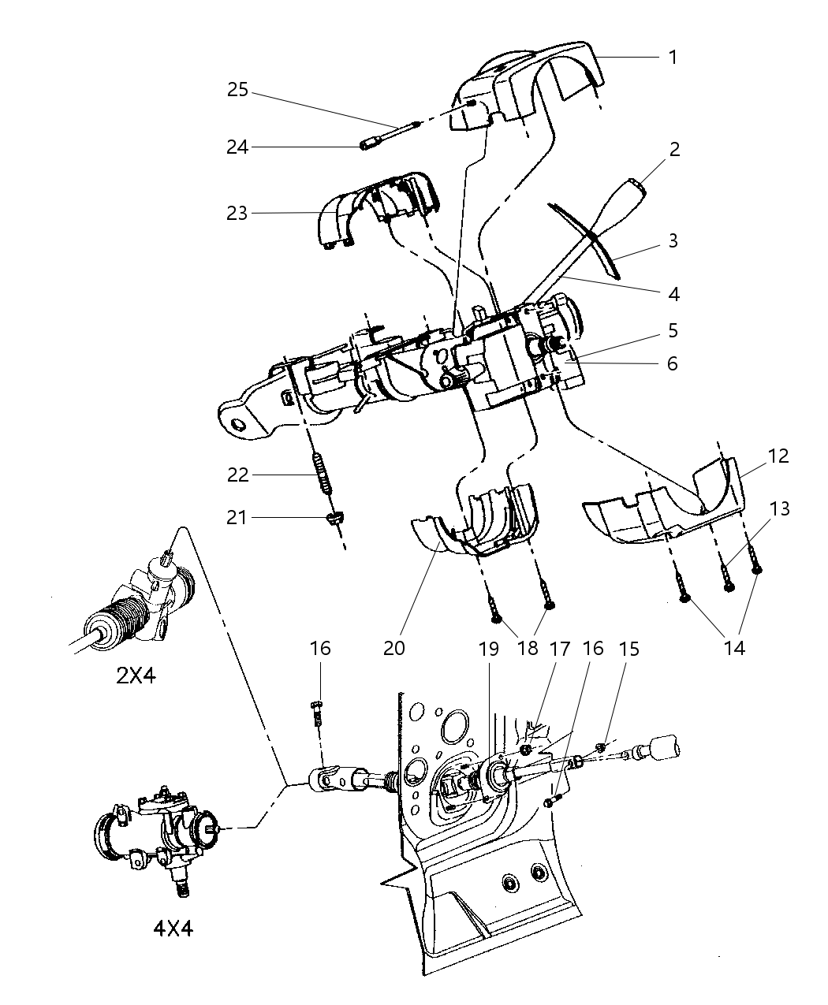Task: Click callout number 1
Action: (x=672, y=57)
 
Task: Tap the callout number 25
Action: (x=237, y=90)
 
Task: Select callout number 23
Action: (x=237, y=213)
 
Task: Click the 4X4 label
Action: (x=173, y=928)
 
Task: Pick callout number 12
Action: (x=778, y=456)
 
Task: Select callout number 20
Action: (x=393, y=648)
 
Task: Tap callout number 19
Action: (x=488, y=648)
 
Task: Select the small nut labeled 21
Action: (x=335, y=519)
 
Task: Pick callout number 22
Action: (x=237, y=475)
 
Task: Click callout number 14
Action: (x=733, y=648)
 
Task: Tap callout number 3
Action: (x=672, y=241)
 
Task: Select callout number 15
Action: (x=628, y=648)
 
